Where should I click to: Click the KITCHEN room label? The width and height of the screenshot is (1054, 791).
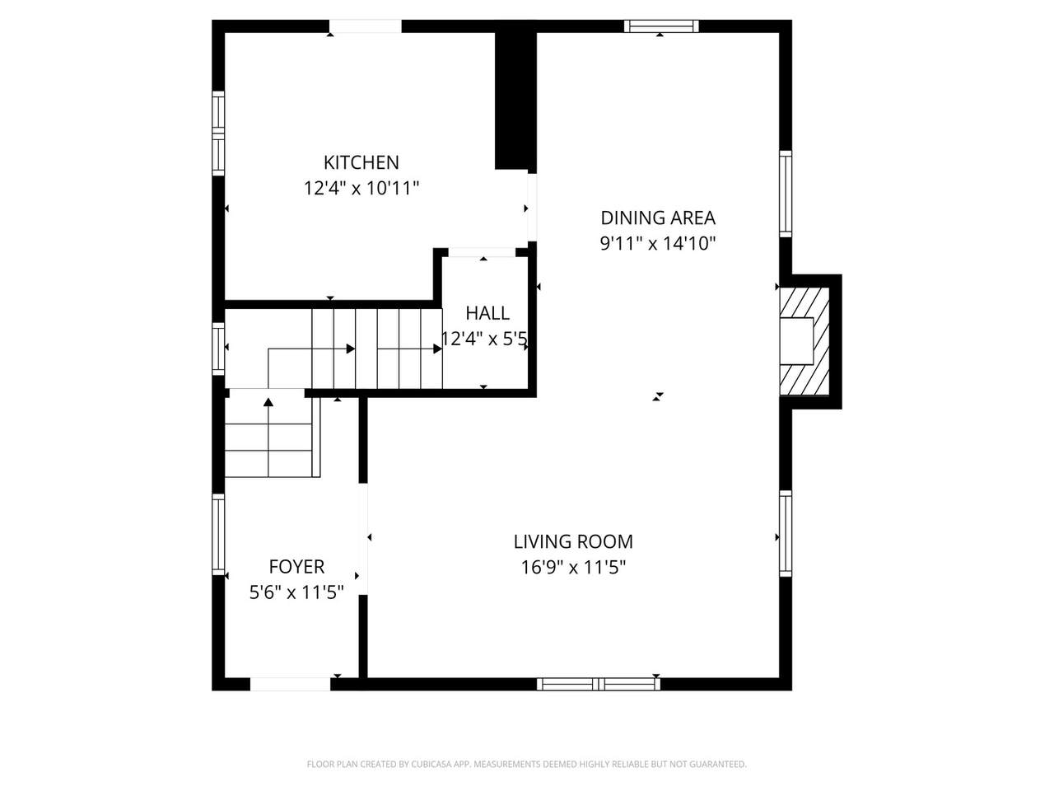click(x=361, y=163)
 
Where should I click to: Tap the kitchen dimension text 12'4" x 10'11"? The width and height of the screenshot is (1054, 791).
click(x=361, y=188)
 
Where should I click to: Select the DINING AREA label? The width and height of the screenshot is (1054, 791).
click(x=658, y=218)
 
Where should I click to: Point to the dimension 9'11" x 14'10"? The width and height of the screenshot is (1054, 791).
click(x=658, y=244)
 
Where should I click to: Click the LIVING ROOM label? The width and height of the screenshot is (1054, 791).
click(x=573, y=541)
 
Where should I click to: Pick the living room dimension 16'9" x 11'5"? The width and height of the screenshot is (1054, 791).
click(x=573, y=568)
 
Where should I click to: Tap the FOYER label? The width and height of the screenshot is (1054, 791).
click(x=296, y=567)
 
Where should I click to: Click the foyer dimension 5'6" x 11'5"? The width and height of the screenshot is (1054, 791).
click(x=296, y=592)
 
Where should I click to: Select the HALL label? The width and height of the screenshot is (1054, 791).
click(x=487, y=313)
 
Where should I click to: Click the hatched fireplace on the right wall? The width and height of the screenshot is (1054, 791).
click(x=804, y=341)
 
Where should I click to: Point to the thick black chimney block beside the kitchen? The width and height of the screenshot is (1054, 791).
click(x=515, y=95)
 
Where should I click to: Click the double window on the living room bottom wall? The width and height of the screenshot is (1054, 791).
click(x=598, y=684)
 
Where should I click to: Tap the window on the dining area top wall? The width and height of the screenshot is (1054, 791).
click(x=661, y=26)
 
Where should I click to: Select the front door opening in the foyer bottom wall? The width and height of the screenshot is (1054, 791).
click(x=290, y=684)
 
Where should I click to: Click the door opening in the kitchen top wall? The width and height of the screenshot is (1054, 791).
click(x=365, y=26)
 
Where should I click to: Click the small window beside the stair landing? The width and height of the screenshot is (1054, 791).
click(x=218, y=349)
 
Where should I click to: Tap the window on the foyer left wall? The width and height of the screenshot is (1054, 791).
click(x=218, y=535)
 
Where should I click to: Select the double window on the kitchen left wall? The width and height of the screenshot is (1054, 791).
click(x=218, y=133)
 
